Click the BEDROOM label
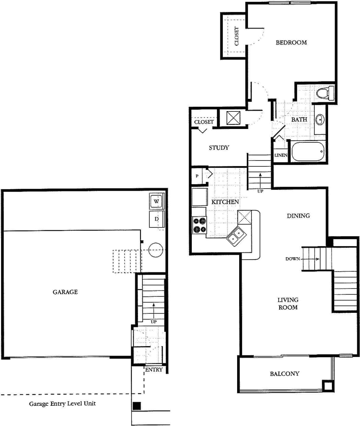(291, 43)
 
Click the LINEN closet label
(281, 155)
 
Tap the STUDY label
(219, 148)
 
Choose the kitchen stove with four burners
(199, 225)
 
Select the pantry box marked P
(197, 176)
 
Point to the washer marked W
(156, 202)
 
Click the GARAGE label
(65, 292)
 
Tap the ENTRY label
(154, 370)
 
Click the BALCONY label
(284, 374)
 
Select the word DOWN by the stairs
(292, 259)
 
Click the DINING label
(298, 216)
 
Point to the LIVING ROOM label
(288, 304)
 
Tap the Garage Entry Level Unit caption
(62, 404)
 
